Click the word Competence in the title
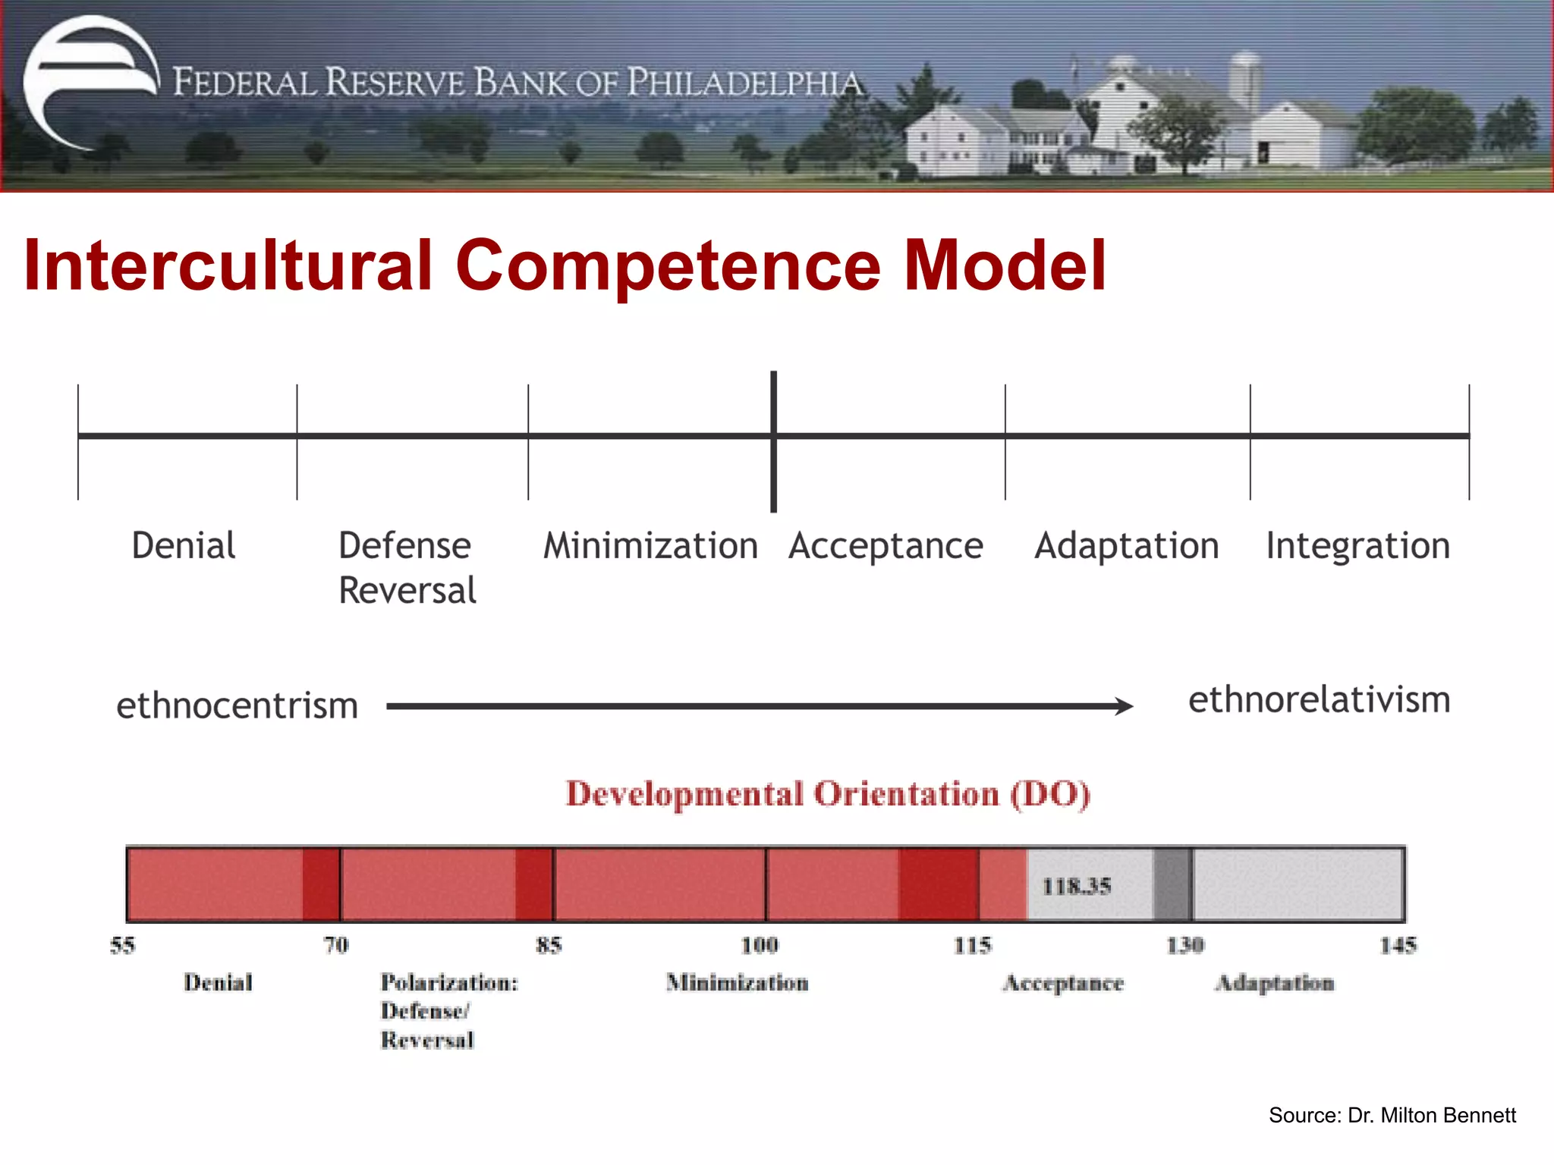click(x=668, y=265)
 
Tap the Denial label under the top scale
click(x=184, y=546)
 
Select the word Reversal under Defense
click(x=407, y=591)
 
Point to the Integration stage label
click(x=1357, y=546)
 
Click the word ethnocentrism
click(x=237, y=705)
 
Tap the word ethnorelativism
click(x=1319, y=699)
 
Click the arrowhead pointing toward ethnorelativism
click(x=1125, y=706)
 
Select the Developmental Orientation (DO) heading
click(x=828, y=794)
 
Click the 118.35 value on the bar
click(x=1076, y=886)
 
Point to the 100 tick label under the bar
click(x=760, y=945)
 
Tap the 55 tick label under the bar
click(x=122, y=945)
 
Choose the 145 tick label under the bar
click(x=1398, y=945)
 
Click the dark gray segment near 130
click(x=1172, y=884)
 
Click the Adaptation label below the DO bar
click(x=1274, y=983)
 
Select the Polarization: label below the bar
click(x=449, y=983)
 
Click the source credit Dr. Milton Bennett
click(x=1392, y=1115)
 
